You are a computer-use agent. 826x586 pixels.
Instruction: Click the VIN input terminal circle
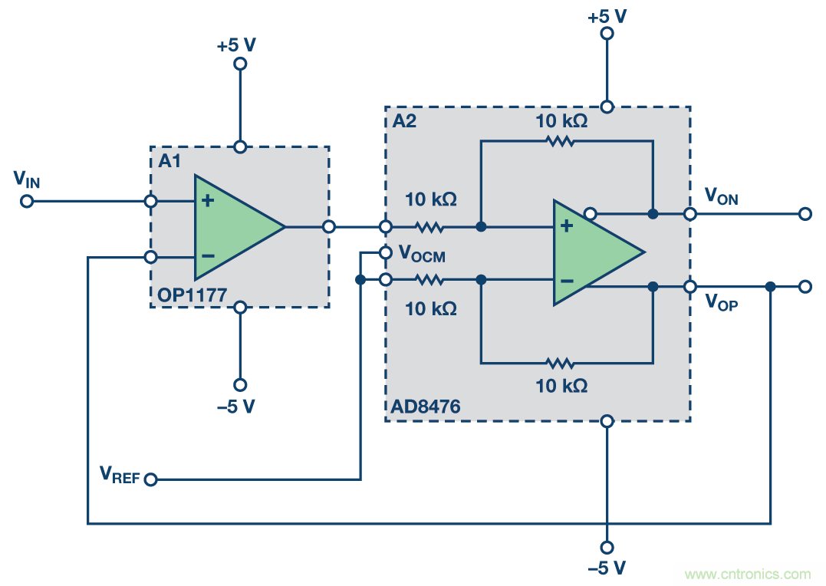point(27,202)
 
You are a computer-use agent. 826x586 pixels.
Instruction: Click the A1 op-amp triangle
point(234,227)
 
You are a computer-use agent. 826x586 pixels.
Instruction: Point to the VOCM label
point(422,254)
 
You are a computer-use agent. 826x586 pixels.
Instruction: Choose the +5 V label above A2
point(607,15)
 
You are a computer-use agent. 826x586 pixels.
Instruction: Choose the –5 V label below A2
point(607,568)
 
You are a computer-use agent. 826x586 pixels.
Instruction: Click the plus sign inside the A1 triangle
point(207,201)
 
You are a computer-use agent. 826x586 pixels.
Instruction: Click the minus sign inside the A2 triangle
point(567,281)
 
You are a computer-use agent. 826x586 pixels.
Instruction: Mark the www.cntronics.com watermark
point(747,574)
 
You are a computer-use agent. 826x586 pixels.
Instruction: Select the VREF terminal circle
point(150,479)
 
